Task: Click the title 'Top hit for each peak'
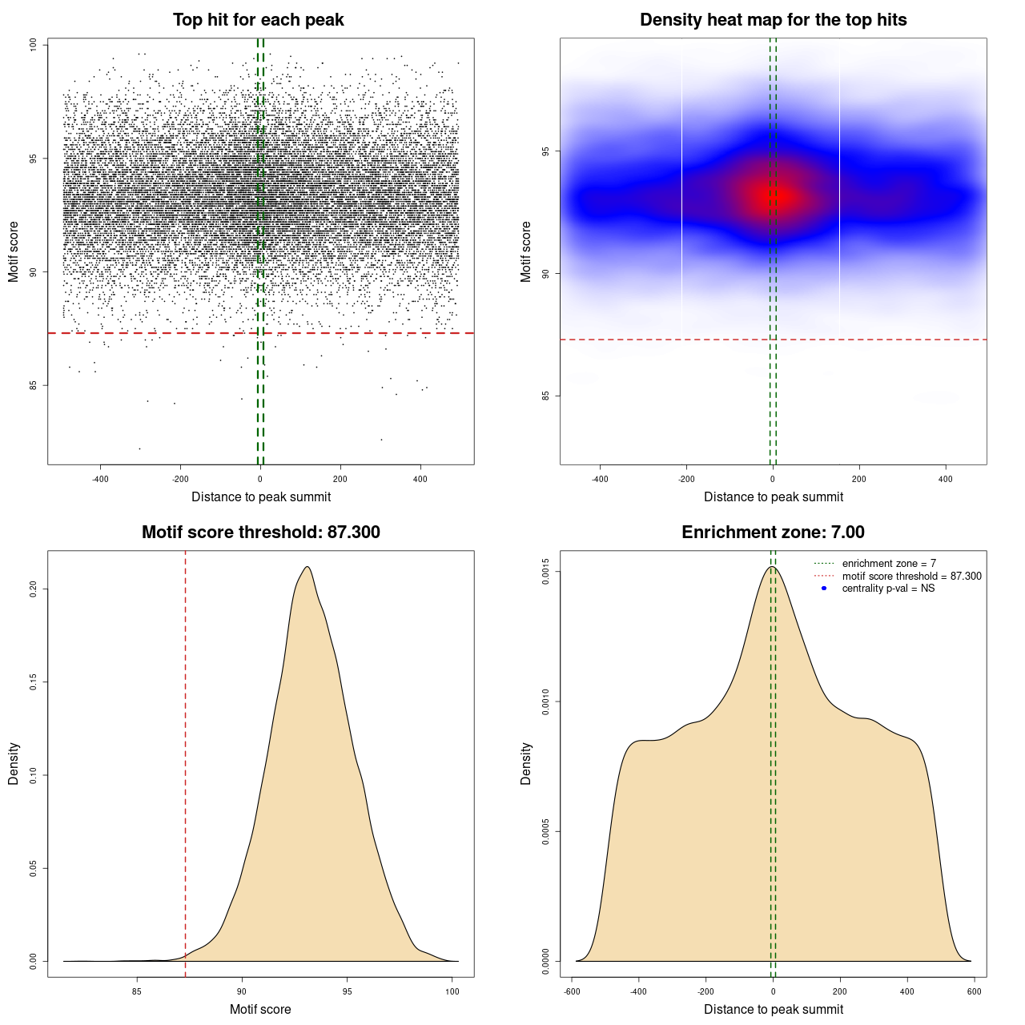(x=258, y=20)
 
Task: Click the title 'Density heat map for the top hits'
(x=773, y=20)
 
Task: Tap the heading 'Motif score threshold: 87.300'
(x=260, y=533)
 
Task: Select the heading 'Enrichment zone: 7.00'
(x=773, y=533)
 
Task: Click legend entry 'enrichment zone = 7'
(x=889, y=564)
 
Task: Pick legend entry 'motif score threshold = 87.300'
(x=911, y=576)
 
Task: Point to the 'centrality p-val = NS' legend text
(x=888, y=589)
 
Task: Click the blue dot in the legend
(x=824, y=589)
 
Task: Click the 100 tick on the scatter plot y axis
(x=34, y=45)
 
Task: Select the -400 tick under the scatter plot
(x=100, y=479)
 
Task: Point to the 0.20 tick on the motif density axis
(x=34, y=589)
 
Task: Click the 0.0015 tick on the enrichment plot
(x=546, y=572)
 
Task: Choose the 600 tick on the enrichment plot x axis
(x=974, y=991)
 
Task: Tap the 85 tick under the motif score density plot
(x=137, y=991)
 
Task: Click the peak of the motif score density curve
(x=307, y=568)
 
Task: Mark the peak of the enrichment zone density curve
(x=772, y=568)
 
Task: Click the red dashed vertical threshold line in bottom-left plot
(x=186, y=761)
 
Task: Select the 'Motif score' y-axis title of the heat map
(x=526, y=251)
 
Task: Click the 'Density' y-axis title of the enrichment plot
(x=526, y=763)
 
